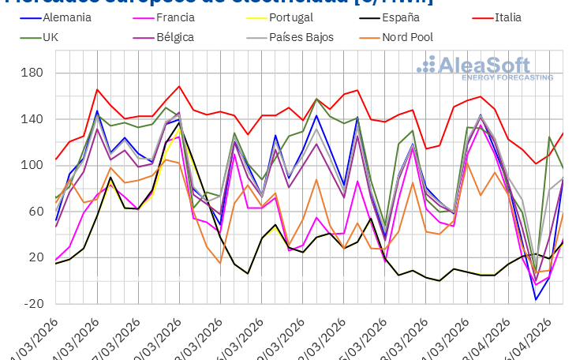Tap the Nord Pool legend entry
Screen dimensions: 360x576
(x=408, y=37)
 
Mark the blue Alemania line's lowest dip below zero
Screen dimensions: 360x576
(x=537, y=299)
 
